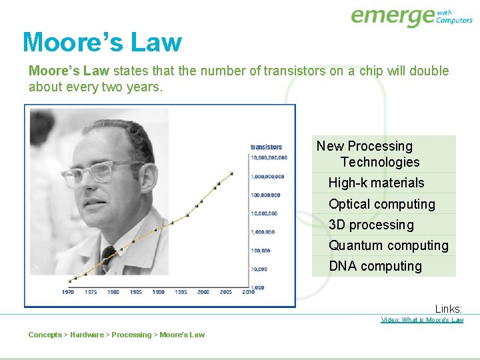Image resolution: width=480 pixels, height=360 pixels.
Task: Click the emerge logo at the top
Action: coord(411,17)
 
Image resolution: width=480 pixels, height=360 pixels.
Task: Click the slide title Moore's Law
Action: coord(102,42)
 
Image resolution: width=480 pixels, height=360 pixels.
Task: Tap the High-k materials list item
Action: coord(376,183)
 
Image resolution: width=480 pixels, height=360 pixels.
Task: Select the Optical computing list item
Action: coord(381,204)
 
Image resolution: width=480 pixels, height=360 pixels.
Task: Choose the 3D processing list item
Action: coord(371,225)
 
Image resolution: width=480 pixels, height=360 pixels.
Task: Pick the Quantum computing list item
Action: coord(388,245)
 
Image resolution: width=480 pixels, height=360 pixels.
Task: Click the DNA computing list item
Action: coord(375,266)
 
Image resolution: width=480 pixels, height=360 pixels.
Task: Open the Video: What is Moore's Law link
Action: coord(422,320)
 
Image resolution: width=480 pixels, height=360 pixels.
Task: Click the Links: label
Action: coord(448,309)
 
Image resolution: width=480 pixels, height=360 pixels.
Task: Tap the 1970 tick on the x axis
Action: coord(68,292)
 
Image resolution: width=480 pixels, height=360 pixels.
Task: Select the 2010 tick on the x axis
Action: coord(248,292)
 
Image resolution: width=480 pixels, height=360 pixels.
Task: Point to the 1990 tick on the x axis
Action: coord(158,292)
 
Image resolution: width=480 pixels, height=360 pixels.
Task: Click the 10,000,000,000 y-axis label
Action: coord(269,158)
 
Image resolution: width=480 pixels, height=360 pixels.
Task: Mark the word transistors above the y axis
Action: coord(266,147)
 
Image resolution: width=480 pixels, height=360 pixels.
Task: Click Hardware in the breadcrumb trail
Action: coord(87,335)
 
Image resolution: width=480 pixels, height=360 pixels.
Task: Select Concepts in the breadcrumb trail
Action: coord(45,335)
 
